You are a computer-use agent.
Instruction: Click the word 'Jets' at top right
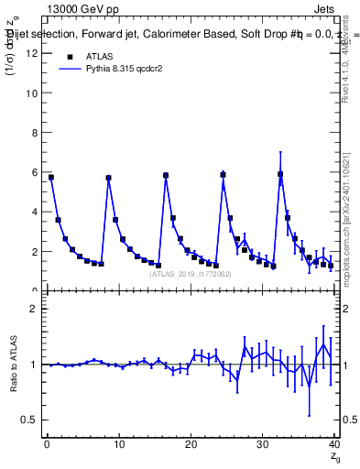325,8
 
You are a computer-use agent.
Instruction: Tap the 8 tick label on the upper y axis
33,132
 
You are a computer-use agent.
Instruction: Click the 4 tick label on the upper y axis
33,212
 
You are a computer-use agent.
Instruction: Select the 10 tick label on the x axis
117,446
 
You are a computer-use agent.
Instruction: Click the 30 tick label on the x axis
262,446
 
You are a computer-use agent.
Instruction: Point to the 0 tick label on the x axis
46,446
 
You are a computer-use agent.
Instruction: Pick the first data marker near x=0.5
51,177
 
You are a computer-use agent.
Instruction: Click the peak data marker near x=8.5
108,178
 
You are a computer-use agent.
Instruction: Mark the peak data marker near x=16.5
166,175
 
